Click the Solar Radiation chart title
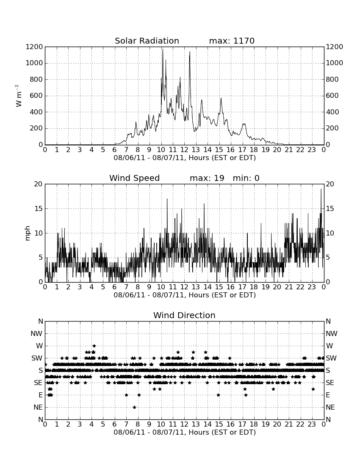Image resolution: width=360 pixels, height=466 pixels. pos(147,41)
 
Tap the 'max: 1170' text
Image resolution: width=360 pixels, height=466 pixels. pos(232,41)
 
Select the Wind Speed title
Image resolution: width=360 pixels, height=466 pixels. pos(134,178)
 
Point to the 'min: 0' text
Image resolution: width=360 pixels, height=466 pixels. pos(246,178)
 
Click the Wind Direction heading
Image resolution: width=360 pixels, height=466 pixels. pos(184,315)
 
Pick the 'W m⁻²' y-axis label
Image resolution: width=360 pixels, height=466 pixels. pos(18,96)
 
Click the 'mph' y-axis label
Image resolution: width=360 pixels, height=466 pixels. pos(28,233)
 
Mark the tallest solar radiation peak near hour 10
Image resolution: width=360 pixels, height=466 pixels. pos(163,49)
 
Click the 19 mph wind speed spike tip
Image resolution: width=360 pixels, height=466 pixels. pos(321,189)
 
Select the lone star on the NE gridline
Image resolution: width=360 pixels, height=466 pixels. pos(134,407)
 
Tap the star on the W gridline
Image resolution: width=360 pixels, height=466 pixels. pos(94,346)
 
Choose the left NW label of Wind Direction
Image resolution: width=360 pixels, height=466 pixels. pos(36,333)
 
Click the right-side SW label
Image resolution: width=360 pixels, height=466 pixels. pos(331,358)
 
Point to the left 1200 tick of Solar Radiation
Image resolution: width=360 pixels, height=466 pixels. pos(34,47)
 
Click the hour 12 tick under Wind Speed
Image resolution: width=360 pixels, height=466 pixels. pos(184,287)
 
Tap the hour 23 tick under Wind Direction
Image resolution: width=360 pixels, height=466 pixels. pos(312,424)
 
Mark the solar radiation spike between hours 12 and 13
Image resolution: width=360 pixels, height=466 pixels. pos(190,52)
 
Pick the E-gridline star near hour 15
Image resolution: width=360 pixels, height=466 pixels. pos(218,395)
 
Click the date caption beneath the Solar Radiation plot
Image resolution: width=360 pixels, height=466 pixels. pos(185,158)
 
